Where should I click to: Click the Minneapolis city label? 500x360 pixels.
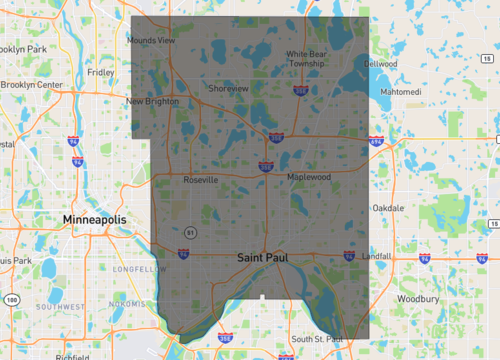pos(95,218)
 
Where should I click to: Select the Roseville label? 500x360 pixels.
pos(200,180)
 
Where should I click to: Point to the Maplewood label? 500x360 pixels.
pos(308,177)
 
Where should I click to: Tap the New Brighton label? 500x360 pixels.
pos(152,101)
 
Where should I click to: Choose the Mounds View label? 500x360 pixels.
pos(151,40)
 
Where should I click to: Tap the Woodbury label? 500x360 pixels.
pos(418,298)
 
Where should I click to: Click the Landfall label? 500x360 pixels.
pos(378,256)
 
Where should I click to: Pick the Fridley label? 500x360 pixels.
pos(101,72)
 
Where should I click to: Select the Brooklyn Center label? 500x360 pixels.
pos(32,85)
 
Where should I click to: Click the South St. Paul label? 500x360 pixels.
pos(316,340)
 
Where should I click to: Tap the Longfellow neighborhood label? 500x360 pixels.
pos(135,269)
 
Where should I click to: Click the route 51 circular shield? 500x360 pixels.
pos(189,231)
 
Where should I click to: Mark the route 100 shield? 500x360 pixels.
pos(11,299)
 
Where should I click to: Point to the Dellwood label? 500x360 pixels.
pos(382,64)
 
